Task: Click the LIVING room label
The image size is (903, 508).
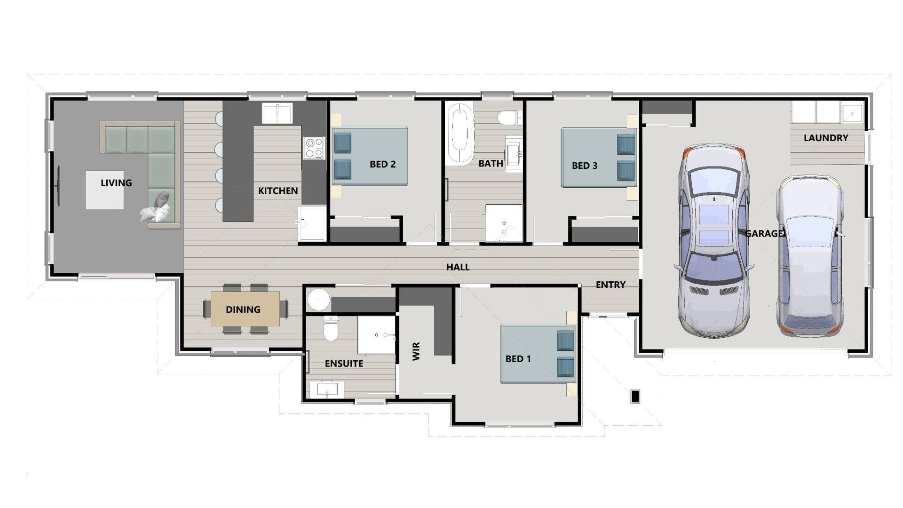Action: pos(116,183)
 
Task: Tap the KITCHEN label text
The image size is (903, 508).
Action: pos(277,190)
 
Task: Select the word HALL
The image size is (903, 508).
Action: pos(458,267)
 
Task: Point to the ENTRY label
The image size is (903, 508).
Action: pos(610,285)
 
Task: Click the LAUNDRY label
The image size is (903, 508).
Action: pos(825,138)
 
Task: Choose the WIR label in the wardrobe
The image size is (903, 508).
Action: pos(416,351)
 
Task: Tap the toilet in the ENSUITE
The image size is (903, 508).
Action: pos(331,329)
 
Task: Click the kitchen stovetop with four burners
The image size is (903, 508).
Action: pos(314,147)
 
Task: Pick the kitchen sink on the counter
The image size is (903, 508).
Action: pos(277,113)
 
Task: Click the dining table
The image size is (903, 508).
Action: pos(245,309)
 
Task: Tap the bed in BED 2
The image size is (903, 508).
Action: pos(370,156)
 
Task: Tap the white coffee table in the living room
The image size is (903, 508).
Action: pos(104,190)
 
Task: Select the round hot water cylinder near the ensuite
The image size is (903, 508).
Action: pos(319,300)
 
